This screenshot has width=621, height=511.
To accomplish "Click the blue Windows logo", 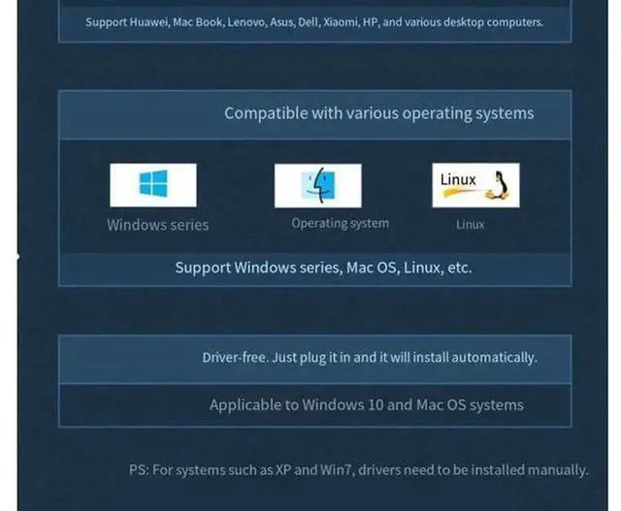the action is coord(153,183).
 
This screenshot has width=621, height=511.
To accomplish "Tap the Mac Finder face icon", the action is coord(318,185).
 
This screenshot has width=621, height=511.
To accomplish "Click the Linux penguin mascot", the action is coord(499,185).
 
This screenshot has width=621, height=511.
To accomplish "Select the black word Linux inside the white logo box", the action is coord(458,179).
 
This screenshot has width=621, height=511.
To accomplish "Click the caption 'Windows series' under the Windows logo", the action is coord(157,225).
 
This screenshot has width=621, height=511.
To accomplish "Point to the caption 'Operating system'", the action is coord(341,223).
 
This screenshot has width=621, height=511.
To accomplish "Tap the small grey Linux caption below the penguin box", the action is coord(470,224).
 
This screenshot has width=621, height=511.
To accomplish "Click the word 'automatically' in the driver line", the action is coord(494,358).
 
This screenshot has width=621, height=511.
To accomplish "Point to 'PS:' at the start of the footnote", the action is coord(139,470).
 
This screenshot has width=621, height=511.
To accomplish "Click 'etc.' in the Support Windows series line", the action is coord(459,268).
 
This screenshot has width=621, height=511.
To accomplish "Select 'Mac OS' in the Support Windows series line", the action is coord(371,268).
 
